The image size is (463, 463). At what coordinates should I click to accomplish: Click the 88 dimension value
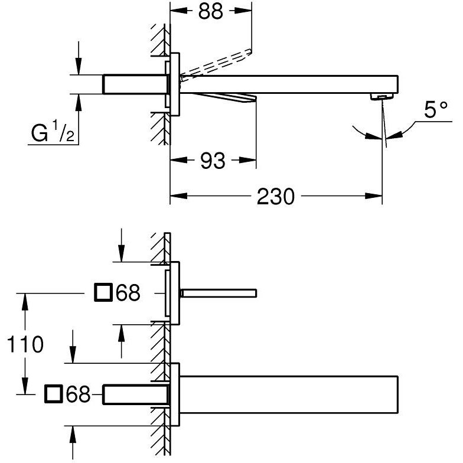210,12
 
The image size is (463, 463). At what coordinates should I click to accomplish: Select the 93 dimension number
213,161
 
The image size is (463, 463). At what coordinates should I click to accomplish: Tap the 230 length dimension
275,196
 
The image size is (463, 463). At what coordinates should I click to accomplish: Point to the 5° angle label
436,110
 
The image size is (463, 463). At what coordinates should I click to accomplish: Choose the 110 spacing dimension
25,344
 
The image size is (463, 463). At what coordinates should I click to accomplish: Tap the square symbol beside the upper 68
103,292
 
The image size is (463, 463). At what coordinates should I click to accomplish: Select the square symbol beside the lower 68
53,394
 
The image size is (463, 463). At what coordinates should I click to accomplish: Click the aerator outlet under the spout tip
382,97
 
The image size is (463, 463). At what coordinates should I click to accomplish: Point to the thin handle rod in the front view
219,293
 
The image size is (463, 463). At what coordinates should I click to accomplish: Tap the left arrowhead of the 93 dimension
179,161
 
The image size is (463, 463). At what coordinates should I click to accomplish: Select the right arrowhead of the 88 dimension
243,11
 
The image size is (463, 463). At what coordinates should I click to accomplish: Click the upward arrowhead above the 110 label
25,302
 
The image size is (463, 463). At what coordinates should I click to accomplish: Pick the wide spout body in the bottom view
289,394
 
